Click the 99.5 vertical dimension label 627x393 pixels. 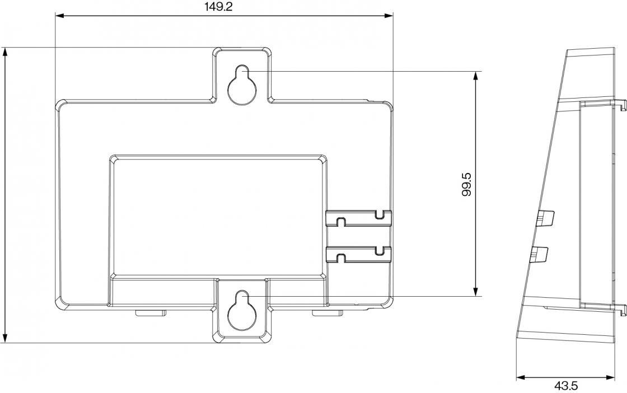pos(466,184)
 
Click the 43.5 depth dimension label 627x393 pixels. pos(565,386)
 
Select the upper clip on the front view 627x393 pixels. pos(358,218)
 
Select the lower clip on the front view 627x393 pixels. pos(358,254)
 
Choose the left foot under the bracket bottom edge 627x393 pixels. pos(150,312)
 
